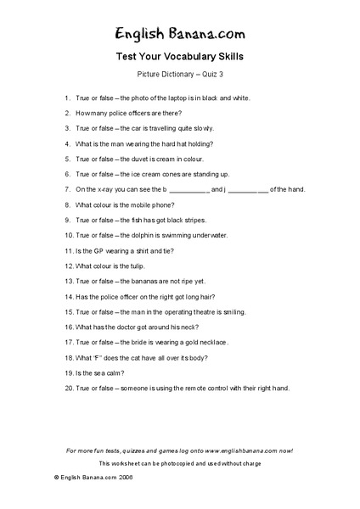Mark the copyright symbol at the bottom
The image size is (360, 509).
[56, 478]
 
